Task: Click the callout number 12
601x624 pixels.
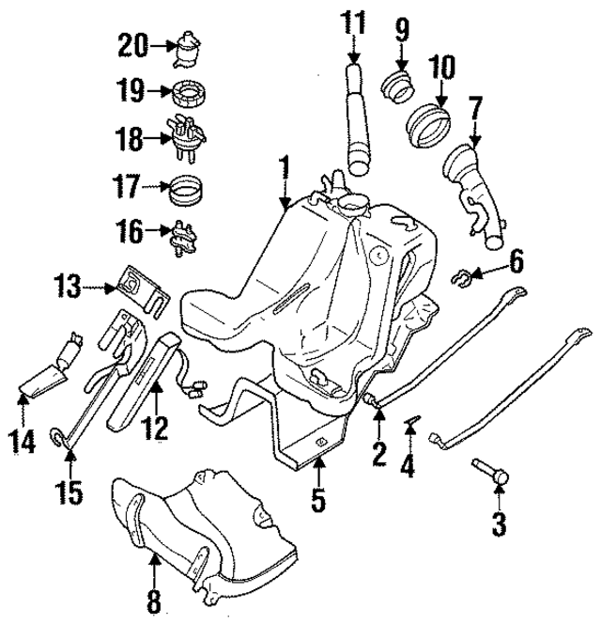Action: click(155, 429)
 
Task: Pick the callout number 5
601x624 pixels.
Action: click(318, 500)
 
